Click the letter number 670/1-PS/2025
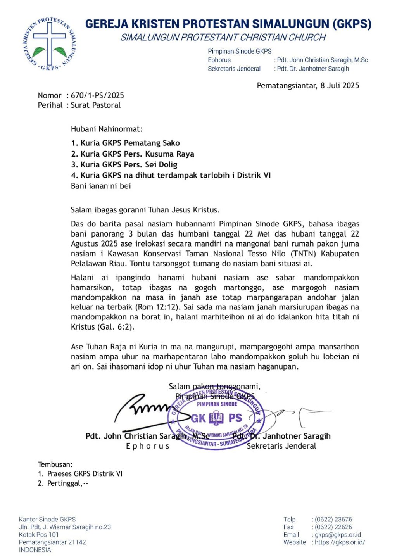[97, 95]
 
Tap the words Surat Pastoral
[96, 105]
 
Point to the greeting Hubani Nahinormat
[107, 129]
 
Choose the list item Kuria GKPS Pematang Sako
[130, 143]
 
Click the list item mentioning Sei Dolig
[128, 164]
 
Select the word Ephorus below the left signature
[148, 446]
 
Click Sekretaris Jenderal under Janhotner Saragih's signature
[281, 446]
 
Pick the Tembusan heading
[55, 464]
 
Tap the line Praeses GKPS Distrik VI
[85, 474]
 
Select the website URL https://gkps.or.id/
[340, 542]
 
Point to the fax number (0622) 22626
[333, 527]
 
